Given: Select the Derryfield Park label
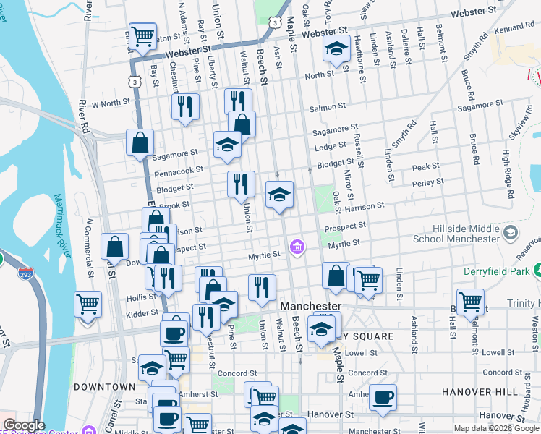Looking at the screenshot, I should [497, 271].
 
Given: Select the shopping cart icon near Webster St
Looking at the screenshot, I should [142, 36].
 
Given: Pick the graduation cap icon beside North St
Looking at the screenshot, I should [336, 48].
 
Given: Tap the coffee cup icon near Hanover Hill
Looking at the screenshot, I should [383, 396].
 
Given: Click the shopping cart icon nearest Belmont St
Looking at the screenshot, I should [470, 300].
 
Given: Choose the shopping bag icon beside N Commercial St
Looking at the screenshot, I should [115, 247].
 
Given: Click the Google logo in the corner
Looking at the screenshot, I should [24, 426].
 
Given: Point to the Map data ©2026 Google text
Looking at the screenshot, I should [495, 428].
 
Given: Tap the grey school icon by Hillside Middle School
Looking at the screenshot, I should [511, 232].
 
